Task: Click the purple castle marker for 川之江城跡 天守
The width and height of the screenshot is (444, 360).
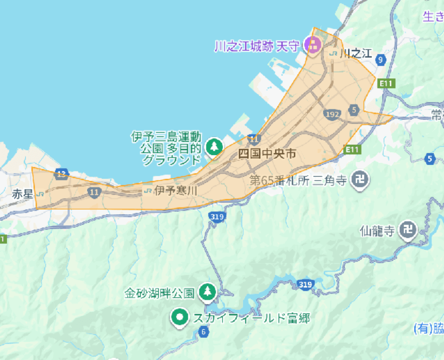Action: (x=312, y=45)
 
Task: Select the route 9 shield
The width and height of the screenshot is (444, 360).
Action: (x=381, y=60)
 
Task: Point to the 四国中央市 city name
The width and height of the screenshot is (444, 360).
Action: (x=267, y=153)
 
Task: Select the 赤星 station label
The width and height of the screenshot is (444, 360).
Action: (x=22, y=194)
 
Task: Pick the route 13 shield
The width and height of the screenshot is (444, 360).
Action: (x=61, y=174)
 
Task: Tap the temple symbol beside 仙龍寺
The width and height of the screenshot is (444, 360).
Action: (x=407, y=231)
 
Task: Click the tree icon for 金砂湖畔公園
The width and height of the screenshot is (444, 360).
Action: (x=208, y=293)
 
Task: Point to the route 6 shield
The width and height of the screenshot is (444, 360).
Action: (x=204, y=332)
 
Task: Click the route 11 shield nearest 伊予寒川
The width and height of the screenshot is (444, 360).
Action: (x=94, y=192)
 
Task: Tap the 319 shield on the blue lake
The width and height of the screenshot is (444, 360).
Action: (x=304, y=284)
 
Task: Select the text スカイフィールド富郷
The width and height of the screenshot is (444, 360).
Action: (x=251, y=318)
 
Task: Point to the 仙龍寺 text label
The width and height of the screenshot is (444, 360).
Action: (x=377, y=231)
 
